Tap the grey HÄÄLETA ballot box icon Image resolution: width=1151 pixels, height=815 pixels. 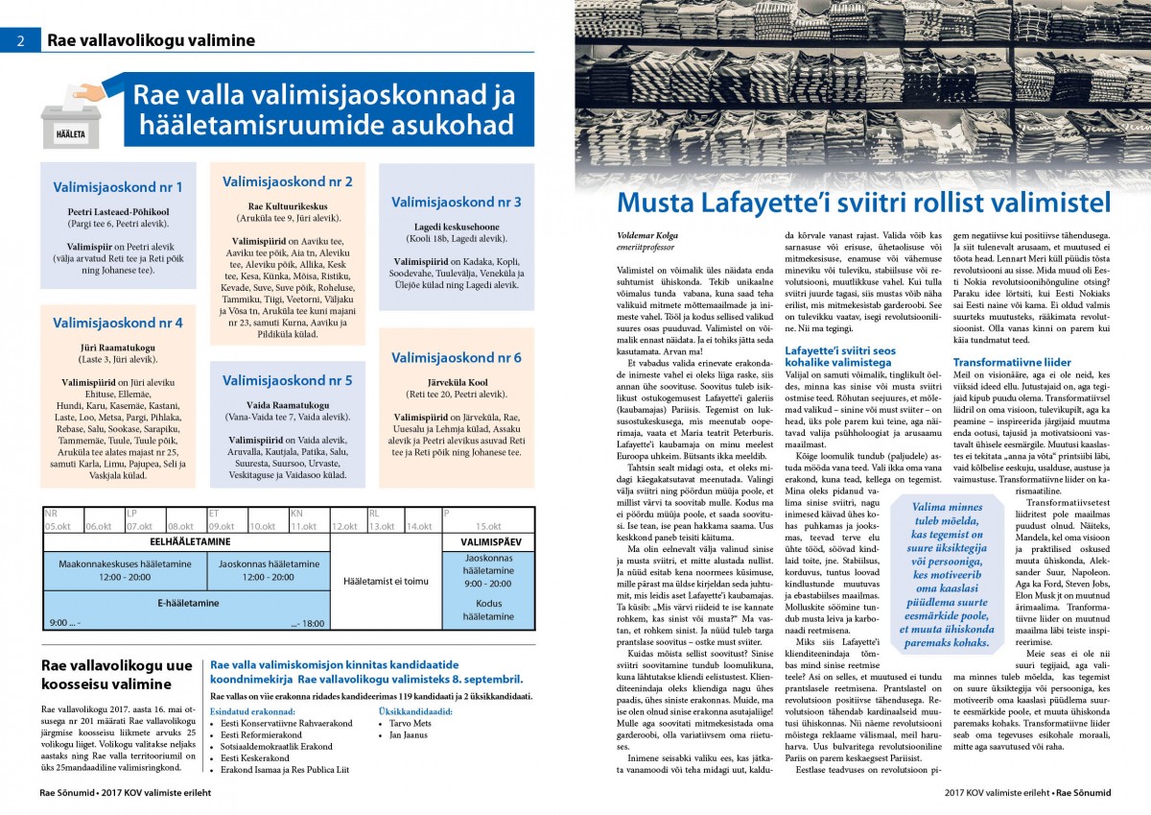pyautogui.click(x=70, y=121)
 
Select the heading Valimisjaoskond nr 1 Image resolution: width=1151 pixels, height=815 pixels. pyautogui.click(x=117, y=187)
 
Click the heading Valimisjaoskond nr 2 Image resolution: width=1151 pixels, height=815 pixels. pyautogui.click(x=288, y=180)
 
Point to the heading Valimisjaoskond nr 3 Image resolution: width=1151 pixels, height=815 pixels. pyautogui.click(x=456, y=202)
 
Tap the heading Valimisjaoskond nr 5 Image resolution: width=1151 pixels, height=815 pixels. pyautogui.click(x=288, y=380)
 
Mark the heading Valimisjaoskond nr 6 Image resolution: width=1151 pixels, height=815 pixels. pyautogui.click(x=456, y=357)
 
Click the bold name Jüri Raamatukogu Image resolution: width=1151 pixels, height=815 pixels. pyautogui.click(x=117, y=347)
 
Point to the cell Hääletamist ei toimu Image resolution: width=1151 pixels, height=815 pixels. pyautogui.click(x=386, y=581)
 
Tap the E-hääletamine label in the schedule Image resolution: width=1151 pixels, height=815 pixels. pyautogui.click(x=187, y=603)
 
